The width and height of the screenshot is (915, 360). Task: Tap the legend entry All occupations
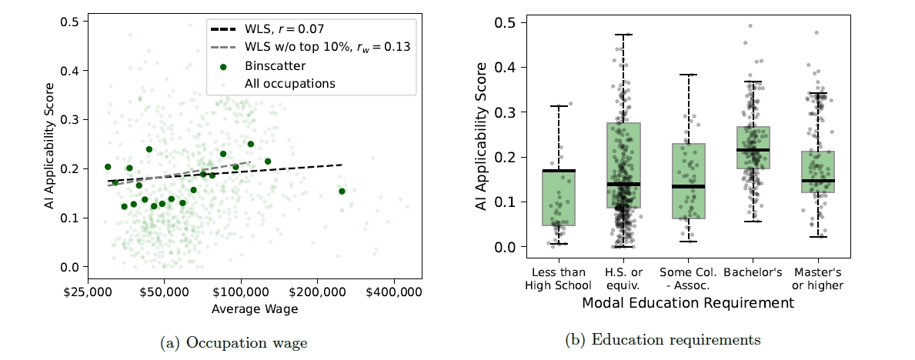pos(289,82)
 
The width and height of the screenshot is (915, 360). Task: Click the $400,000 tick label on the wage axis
pos(394,293)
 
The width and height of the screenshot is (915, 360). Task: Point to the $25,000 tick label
pos(88,293)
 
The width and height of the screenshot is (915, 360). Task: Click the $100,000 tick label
pos(241,293)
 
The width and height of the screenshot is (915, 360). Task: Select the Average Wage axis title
pos(255,309)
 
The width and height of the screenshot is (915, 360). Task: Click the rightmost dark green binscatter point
pos(342,191)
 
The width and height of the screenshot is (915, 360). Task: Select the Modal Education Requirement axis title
pos(688,303)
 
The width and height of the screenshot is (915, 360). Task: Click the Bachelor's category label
pos(753,273)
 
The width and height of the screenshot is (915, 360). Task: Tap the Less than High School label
pos(558,279)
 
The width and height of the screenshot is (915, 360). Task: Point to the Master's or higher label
pos(817,279)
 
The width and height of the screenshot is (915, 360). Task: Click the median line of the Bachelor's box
pos(753,149)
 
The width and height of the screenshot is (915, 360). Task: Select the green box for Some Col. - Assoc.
pos(688,182)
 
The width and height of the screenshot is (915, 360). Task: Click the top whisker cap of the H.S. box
pos(623,35)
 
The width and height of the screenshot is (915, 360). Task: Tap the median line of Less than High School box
pos(559,171)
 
